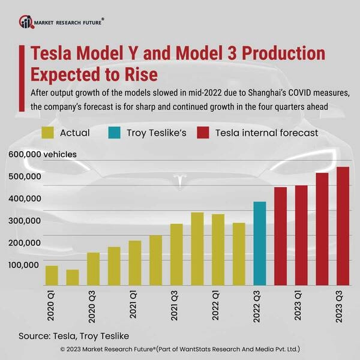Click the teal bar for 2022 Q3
click(259, 243)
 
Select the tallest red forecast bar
click(343, 226)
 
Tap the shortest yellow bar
click(73, 277)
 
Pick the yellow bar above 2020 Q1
click(52, 275)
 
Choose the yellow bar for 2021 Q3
click(176, 254)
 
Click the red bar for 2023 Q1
click(301, 235)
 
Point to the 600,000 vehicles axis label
click(43, 154)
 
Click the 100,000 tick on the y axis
click(25, 265)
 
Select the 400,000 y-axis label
click(25, 199)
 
